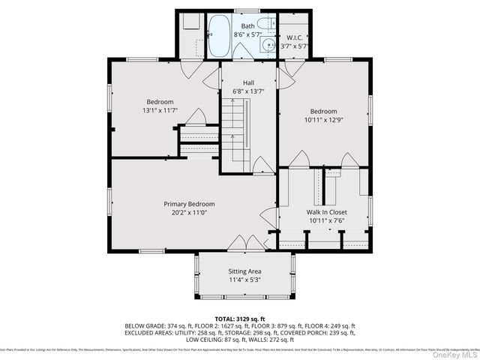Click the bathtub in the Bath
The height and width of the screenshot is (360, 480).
[x=220, y=37]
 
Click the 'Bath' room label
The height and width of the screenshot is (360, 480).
[x=247, y=26]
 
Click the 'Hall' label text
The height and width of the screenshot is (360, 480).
[x=249, y=82]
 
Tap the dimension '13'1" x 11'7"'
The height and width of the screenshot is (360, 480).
[x=160, y=111]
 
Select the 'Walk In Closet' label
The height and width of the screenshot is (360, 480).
[x=326, y=212]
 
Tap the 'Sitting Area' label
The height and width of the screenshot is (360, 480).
[x=244, y=271]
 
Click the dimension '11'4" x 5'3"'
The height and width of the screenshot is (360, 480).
[x=244, y=280]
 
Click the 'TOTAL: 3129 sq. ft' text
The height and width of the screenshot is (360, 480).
[x=239, y=319]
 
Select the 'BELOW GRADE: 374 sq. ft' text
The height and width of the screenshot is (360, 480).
[x=154, y=326]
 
